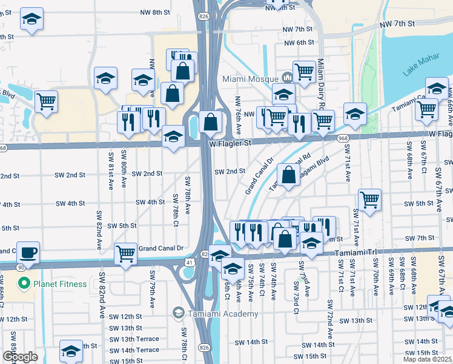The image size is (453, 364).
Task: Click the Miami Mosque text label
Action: (x=250, y=78)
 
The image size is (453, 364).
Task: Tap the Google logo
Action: (x=20, y=357)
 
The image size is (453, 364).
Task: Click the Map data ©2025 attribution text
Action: (x=426, y=359)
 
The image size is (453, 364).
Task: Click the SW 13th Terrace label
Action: (x=134, y=339)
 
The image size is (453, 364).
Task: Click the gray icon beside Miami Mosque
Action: (x=287, y=78)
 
